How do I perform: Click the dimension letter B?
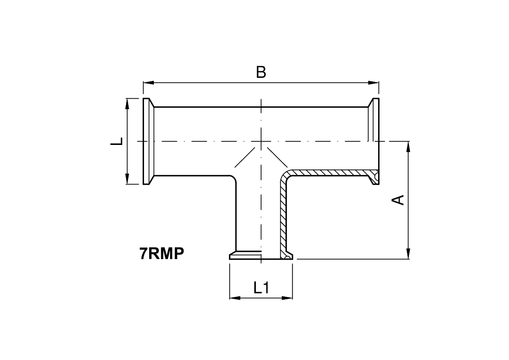tap(261, 72)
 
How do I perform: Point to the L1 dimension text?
tap(261, 288)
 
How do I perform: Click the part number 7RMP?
tap(162, 253)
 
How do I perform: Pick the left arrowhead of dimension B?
tap(148, 83)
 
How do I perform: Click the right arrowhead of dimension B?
tap(374, 83)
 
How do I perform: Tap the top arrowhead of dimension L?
tap(127, 103)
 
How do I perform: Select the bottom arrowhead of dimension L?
tap(127, 179)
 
